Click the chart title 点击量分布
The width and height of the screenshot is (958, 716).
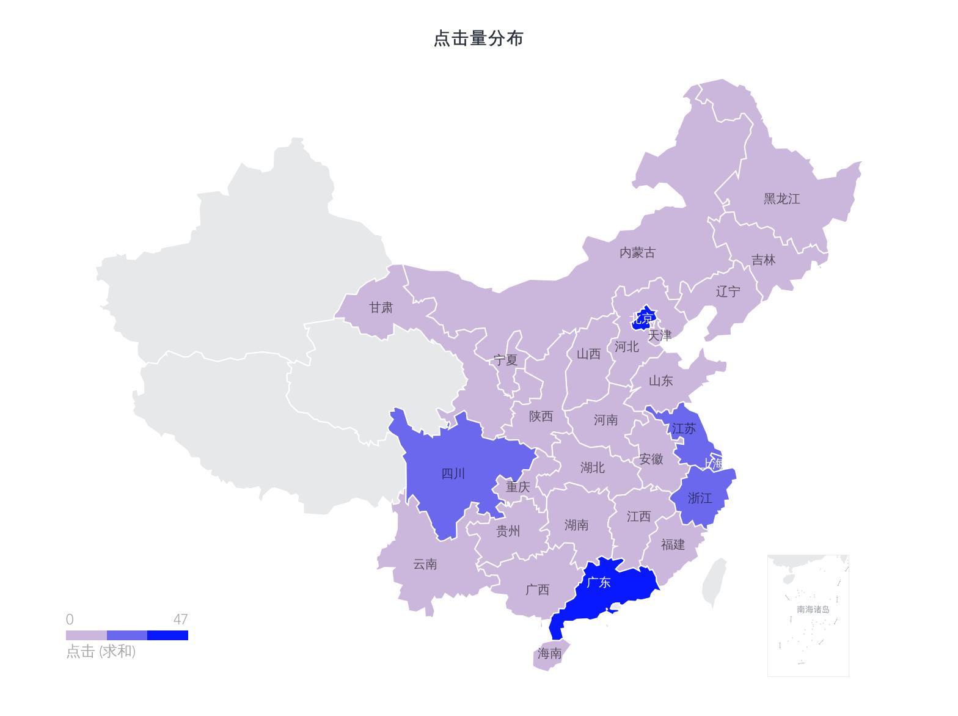478,38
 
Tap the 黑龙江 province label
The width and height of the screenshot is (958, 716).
781,199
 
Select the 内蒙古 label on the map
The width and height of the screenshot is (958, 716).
637,252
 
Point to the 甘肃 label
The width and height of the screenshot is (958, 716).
381,307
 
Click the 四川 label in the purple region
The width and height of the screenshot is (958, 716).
453,473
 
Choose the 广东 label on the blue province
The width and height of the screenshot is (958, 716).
598,582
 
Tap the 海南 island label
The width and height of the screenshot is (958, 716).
549,653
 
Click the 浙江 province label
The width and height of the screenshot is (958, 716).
700,498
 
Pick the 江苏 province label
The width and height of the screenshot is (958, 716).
684,428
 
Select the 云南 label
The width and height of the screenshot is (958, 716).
425,564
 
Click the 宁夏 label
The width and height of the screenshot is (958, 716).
505,360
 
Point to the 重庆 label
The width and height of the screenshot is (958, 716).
517,487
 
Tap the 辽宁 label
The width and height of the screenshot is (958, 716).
728,291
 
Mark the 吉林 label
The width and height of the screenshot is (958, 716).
763,260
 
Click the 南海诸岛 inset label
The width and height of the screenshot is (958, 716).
813,609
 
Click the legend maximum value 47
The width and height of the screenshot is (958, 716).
180,619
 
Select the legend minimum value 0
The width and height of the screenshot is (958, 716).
70,619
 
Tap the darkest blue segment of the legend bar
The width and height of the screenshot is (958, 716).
167,635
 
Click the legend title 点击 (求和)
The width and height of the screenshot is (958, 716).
101,651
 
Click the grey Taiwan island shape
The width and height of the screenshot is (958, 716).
714,582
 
